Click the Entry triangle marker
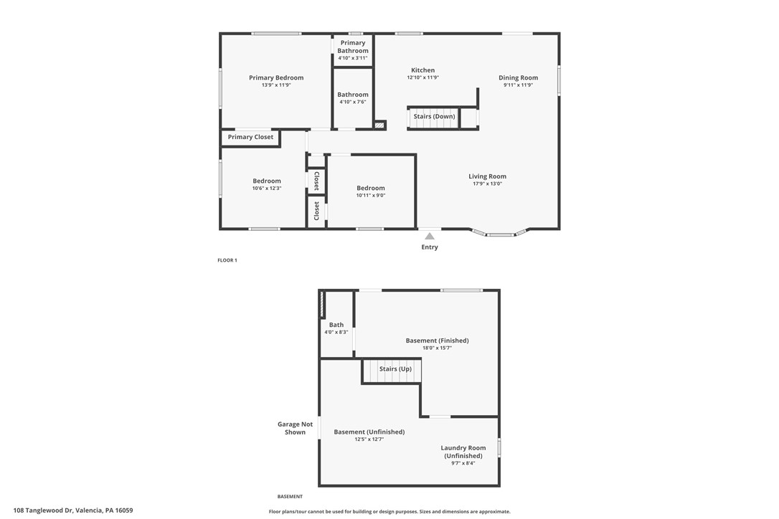(430, 237)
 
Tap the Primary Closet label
(250, 137)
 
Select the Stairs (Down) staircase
(434, 118)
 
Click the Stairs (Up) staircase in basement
(392, 371)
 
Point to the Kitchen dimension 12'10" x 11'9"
(422, 77)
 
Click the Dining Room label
(518, 77)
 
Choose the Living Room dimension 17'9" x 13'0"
(487, 184)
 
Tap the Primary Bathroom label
(353, 47)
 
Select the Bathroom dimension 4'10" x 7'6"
(353, 103)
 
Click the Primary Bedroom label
(276, 77)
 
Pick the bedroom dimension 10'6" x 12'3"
(267, 189)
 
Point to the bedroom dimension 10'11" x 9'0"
(371, 196)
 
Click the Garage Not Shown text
(295, 428)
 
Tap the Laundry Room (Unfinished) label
(463, 452)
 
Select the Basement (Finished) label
(437, 341)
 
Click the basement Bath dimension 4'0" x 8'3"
(336, 332)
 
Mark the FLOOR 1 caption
(227, 260)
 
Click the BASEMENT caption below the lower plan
(290, 497)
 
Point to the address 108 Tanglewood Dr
(43, 510)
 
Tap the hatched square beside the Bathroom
(380, 125)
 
